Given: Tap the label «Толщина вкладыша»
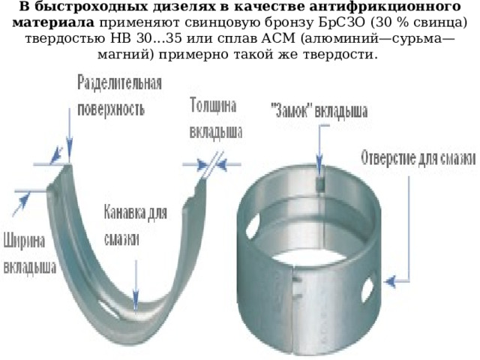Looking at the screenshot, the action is tap(216, 118).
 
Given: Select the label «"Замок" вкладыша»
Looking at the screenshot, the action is tap(319, 111).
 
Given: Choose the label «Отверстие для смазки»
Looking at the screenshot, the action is tap(418, 158).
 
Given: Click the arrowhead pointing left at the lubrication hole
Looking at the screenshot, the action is tap(390, 281).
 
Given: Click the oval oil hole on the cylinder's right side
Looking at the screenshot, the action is tap(367, 289).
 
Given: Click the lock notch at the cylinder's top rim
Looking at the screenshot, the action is tap(320, 184).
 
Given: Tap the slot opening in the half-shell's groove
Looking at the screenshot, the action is tap(109, 308).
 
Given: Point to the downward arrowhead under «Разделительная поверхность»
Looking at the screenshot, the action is tap(70, 151).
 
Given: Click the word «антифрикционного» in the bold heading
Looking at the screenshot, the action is tap(385, 7).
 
